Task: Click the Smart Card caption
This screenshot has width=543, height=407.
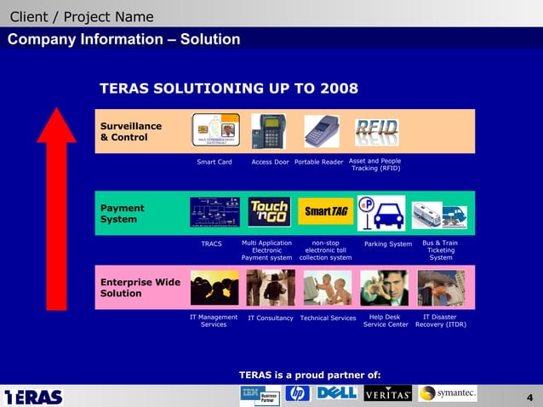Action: tap(214, 162)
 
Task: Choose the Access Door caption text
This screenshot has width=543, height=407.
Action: tap(271, 162)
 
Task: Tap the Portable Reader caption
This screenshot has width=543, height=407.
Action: tap(318, 162)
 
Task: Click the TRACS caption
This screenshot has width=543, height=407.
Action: tap(211, 244)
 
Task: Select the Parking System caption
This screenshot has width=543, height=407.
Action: tap(388, 244)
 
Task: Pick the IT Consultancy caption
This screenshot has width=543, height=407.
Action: tap(271, 318)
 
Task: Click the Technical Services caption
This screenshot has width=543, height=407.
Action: tap(328, 318)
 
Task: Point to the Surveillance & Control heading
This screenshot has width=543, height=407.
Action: tap(130, 131)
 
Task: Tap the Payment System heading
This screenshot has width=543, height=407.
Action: tap(123, 214)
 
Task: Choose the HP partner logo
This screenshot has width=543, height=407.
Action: tap(297, 393)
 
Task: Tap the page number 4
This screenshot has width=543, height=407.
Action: tap(529, 398)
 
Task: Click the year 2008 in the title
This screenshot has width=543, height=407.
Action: tap(339, 89)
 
